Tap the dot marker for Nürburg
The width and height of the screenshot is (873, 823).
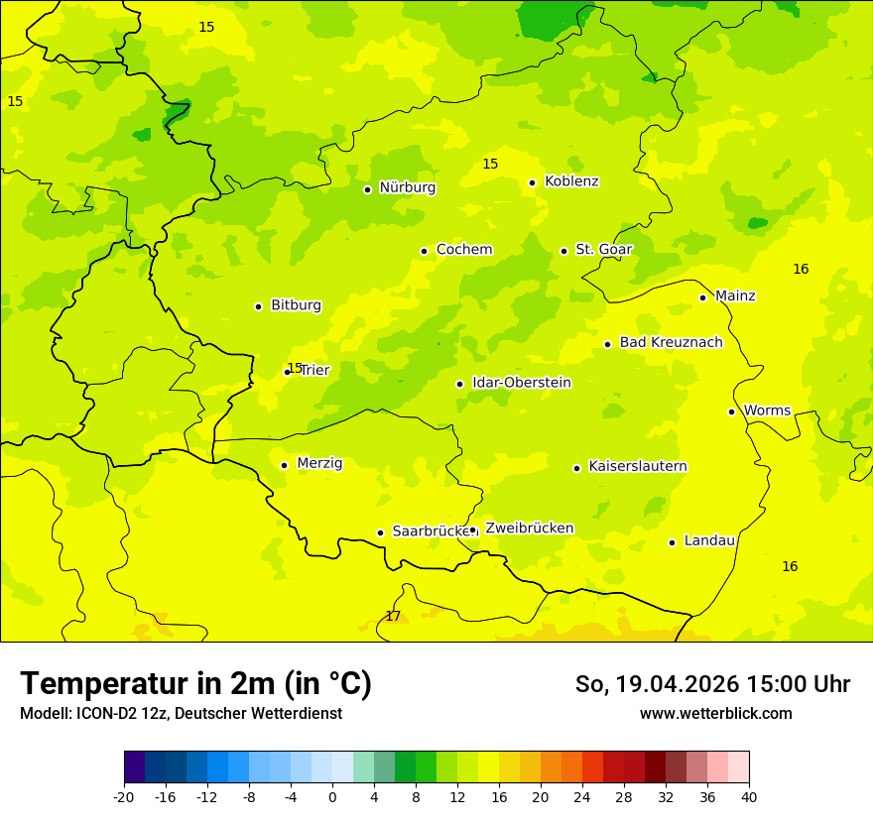click(x=367, y=189)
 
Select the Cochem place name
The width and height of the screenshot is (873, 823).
click(x=463, y=250)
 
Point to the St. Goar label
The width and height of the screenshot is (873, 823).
click(x=603, y=250)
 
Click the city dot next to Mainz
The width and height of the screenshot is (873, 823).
click(x=702, y=297)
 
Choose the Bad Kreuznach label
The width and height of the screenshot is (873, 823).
click(x=671, y=343)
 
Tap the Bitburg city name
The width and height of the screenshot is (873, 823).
click(x=296, y=305)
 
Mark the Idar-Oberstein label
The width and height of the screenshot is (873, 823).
click(x=521, y=383)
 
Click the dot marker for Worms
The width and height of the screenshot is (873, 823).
click(x=731, y=411)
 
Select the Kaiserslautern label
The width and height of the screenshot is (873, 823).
click(x=637, y=467)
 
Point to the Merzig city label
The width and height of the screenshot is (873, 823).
click(x=319, y=463)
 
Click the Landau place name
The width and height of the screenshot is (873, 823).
click(x=709, y=541)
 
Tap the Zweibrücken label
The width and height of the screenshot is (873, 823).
click(x=529, y=529)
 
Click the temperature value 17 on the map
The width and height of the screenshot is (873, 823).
click(x=393, y=617)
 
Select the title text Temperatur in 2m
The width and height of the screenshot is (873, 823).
click(x=195, y=684)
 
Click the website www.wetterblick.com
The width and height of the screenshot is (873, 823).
click(x=715, y=714)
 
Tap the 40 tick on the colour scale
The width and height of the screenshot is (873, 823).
click(x=748, y=796)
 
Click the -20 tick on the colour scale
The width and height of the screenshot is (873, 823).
click(x=124, y=796)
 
